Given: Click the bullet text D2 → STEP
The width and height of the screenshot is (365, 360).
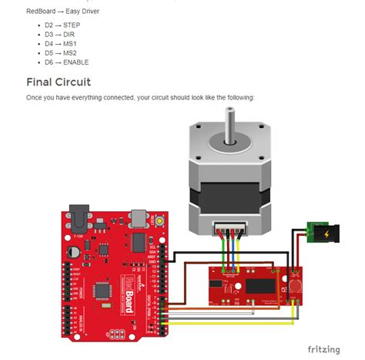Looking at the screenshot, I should point(62,25).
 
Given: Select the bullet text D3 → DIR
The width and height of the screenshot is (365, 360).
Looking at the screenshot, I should point(59,34).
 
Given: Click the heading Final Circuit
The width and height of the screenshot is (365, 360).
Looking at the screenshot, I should point(58,82).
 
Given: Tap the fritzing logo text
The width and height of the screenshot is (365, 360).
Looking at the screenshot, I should point(323,349).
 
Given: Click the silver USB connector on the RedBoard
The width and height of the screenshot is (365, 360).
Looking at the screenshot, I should point(139,217).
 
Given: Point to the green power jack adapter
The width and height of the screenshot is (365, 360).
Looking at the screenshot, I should point(320,232).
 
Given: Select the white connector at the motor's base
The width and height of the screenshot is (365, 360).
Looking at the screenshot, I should point(229,229).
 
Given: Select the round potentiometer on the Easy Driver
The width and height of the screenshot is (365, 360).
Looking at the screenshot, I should point(296,286).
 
